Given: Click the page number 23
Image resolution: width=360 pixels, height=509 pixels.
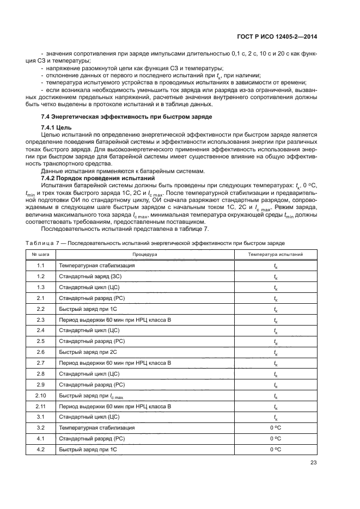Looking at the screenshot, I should tap(314, 463).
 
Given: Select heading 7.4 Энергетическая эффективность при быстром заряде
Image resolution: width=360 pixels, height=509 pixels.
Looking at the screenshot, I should tap(126, 117).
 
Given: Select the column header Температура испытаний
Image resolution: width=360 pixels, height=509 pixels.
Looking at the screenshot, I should tap(275, 254).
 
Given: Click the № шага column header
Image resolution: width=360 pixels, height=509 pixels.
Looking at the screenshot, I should tap(40, 254).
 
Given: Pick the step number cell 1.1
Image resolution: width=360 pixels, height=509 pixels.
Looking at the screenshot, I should tap(40, 266).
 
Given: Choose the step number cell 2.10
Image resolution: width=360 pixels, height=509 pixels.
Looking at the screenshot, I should tap(40, 396).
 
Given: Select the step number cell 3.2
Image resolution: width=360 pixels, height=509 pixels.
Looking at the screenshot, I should tap(40, 428).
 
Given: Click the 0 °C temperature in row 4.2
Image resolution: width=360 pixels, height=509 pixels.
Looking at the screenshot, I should tap(275, 450).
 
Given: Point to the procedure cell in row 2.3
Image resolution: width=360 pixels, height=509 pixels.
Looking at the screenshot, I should tap(115, 320).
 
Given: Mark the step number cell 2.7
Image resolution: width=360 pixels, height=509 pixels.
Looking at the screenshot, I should tap(40, 363).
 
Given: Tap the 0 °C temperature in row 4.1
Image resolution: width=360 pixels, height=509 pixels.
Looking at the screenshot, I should tap(275, 439).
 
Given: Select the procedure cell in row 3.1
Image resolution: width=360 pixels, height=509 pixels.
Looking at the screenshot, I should tap(89, 418).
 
